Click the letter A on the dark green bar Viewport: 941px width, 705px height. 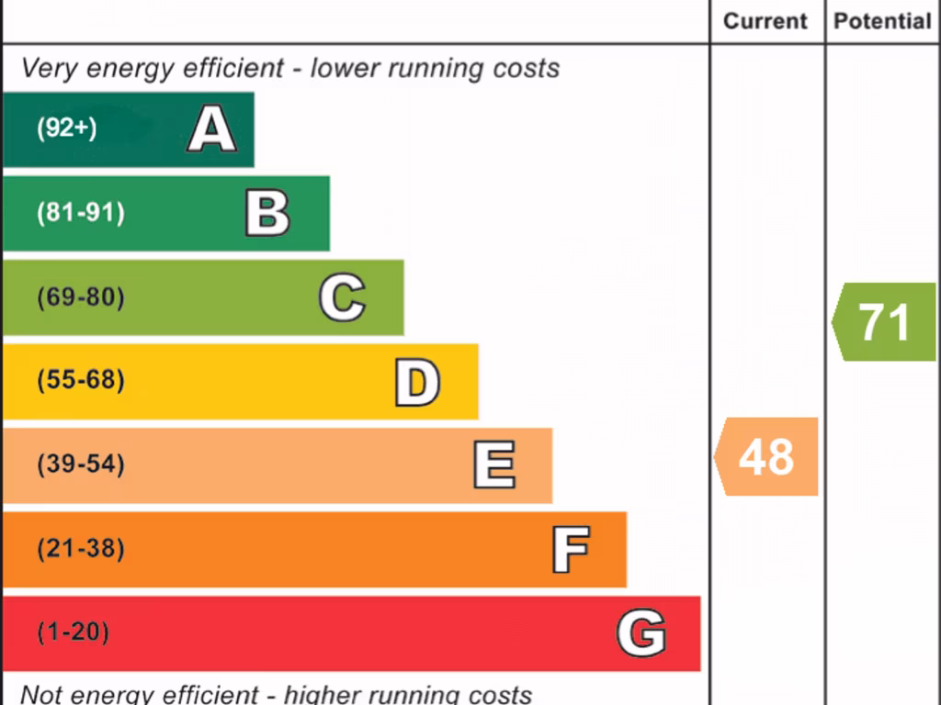[x=211, y=129]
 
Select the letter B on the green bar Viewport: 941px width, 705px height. [x=267, y=213]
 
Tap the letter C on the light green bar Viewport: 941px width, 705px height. [x=342, y=297]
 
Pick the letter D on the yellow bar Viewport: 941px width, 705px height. [x=417, y=382]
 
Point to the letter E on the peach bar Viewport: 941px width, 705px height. [x=493, y=465]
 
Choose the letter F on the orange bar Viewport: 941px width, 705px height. [x=570, y=550]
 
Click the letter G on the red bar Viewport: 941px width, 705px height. [x=641, y=633]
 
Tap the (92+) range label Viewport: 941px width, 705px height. [x=66, y=129]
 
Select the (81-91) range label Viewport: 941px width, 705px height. [x=80, y=213]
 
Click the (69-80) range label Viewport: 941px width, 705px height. [x=80, y=297]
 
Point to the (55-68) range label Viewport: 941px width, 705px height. [x=80, y=380]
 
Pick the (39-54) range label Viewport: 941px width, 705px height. [x=80, y=464]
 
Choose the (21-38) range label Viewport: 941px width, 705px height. [x=80, y=549]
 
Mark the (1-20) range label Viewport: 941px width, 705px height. [x=73, y=632]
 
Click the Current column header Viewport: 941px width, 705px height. [x=765, y=21]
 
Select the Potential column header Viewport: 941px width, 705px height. [x=882, y=21]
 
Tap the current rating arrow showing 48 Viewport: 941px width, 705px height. [x=766, y=456]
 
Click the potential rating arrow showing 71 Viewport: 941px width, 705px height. [x=884, y=322]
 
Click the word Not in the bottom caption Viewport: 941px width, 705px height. [x=40, y=694]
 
